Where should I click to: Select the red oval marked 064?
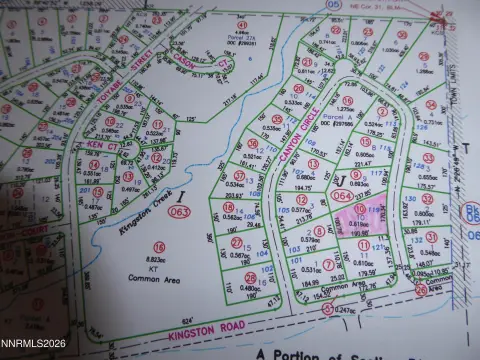coord(340,197)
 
